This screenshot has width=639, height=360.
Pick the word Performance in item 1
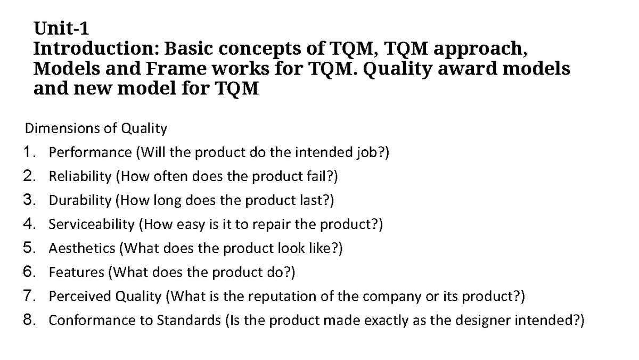90,153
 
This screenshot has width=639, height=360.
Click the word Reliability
80,177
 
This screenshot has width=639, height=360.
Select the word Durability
80,201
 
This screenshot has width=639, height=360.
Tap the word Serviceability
92,224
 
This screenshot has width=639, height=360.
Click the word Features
77,272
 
